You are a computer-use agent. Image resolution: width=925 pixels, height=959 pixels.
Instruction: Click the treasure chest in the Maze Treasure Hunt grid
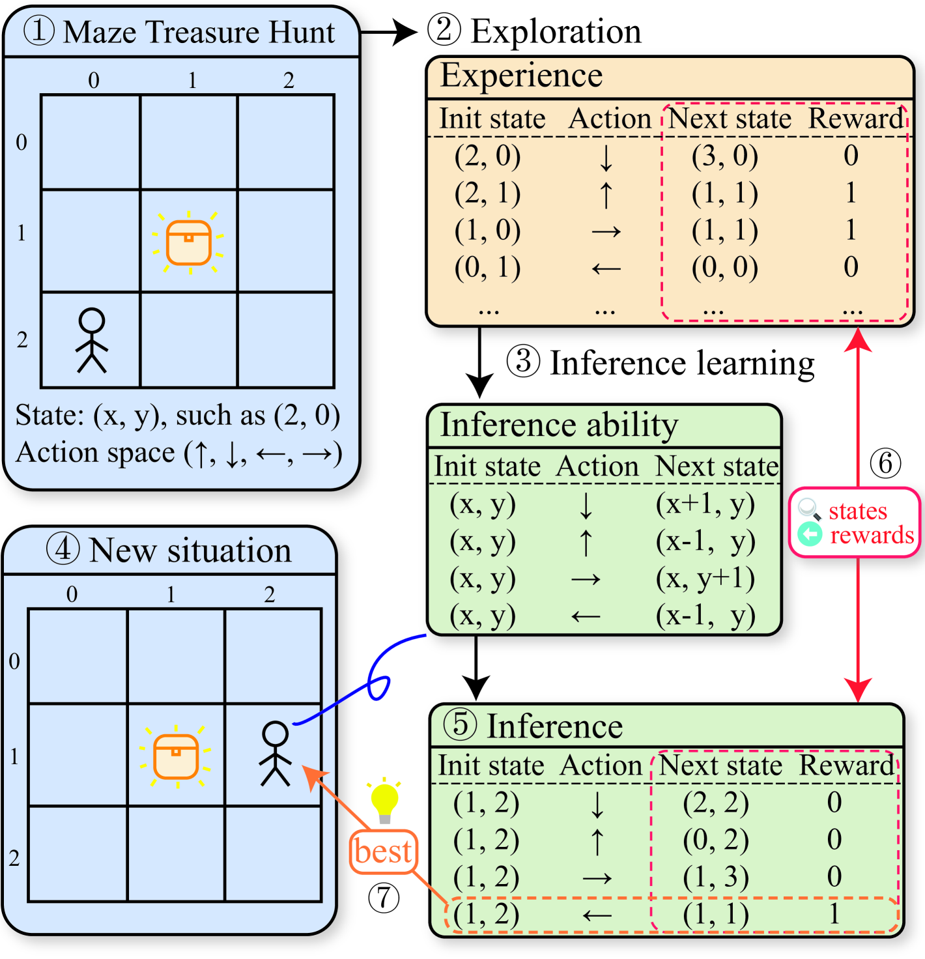188,242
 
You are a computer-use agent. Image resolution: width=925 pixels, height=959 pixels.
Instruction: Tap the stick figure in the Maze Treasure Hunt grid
91,340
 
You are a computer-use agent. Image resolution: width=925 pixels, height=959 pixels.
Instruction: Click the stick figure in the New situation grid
275,754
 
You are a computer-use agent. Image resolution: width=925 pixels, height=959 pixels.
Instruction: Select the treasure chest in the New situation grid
175,756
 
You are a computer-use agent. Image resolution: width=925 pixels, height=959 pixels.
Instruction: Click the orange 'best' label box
383,852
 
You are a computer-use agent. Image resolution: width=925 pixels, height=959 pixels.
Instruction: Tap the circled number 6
885,463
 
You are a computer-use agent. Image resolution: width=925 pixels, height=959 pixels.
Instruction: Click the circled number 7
384,897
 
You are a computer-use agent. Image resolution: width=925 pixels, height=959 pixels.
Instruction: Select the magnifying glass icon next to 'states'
810,509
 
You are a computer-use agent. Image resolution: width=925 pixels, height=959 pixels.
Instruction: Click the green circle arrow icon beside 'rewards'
810,534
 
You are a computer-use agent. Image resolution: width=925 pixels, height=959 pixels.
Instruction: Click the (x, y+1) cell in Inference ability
705,579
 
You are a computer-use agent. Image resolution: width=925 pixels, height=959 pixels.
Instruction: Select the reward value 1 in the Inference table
834,914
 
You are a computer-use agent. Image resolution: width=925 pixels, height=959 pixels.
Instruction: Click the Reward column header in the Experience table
855,119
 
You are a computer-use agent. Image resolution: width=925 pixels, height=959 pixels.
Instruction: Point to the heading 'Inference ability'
559,425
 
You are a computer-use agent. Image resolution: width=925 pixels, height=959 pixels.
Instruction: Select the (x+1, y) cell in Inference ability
705,504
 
